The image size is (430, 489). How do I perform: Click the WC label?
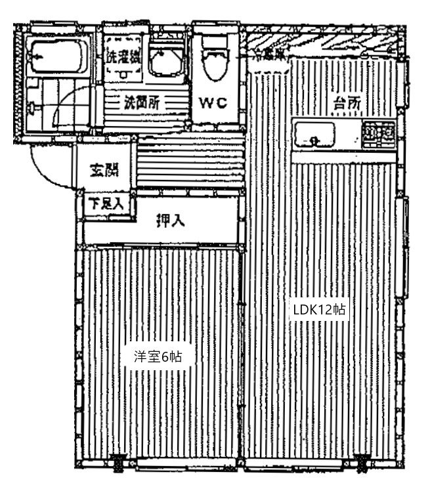tap(213, 103)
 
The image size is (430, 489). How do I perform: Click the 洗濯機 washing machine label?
tap(123, 56)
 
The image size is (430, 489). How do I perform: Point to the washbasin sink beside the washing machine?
tap(164, 62)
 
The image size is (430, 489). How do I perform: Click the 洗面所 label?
tap(142, 102)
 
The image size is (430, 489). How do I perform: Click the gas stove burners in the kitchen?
tap(379, 135)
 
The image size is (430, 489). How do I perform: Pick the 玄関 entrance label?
tap(104, 171)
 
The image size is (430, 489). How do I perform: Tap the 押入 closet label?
tap(170, 221)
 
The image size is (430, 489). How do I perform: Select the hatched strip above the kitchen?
tap(322, 41)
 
